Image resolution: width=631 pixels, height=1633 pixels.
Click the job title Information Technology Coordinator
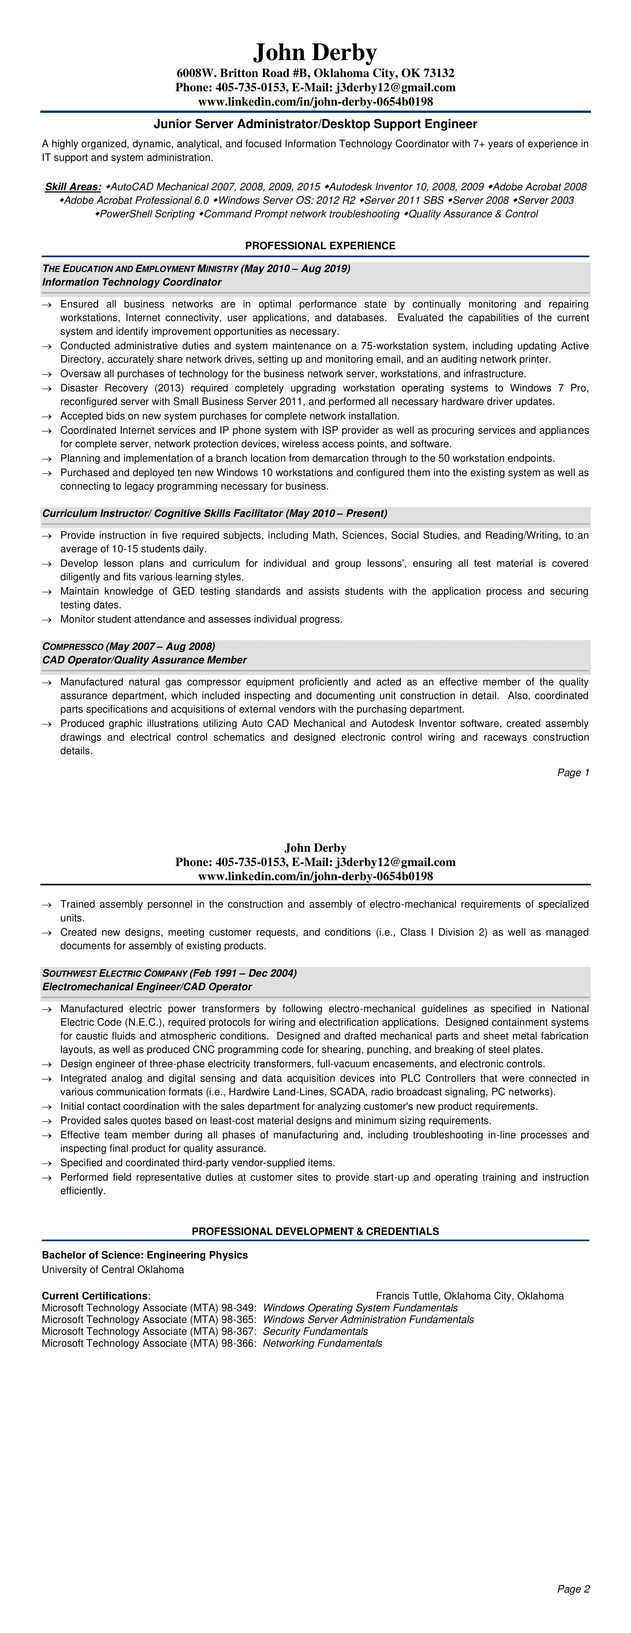pyautogui.click(x=132, y=282)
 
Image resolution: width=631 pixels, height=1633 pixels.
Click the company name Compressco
pyautogui.click(x=72, y=647)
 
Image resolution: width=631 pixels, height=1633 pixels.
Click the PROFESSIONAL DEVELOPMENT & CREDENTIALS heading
pyautogui.click(x=315, y=1231)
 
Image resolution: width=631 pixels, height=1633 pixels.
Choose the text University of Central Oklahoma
pyautogui.click(x=113, y=1270)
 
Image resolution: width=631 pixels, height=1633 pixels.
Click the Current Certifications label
pyautogui.click(x=95, y=1296)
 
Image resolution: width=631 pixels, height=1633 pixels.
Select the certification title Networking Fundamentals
pyautogui.click(x=322, y=1343)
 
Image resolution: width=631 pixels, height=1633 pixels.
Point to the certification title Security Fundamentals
pyautogui.click(x=315, y=1331)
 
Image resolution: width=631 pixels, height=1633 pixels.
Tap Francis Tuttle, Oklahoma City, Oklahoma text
pyautogui.click(x=469, y=1296)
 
